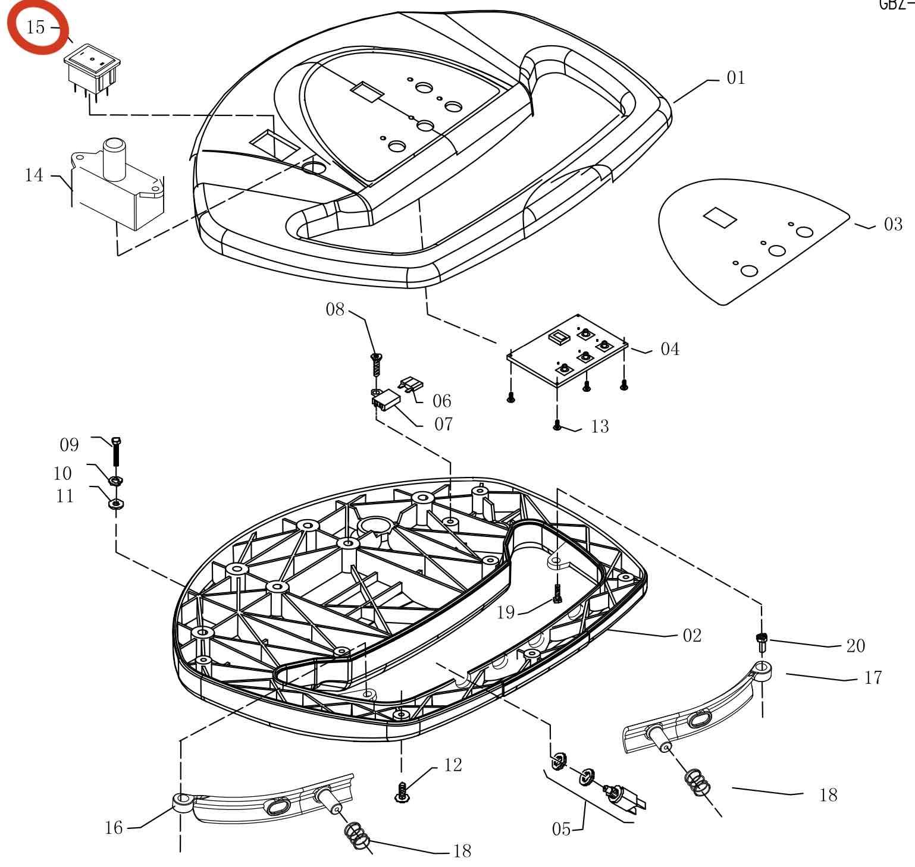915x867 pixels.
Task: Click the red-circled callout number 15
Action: coord(36,27)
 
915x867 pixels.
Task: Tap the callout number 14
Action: coord(34,175)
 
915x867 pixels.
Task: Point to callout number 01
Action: coord(736,78)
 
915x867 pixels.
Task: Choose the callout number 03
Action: coord(893,224)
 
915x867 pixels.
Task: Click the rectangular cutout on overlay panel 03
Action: coord(720,217)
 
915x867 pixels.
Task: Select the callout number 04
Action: coord(670,348)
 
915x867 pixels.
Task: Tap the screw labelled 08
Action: coord(376,363)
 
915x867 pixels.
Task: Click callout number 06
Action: coord(441,400)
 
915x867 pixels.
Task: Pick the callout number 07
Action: coord(443,424)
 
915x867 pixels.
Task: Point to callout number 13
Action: coord(600,426)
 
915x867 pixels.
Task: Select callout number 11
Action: coord(65,495)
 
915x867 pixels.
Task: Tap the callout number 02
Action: coord(692,635)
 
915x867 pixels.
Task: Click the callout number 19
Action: coord(506,612)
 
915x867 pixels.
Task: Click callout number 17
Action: coord(873,677)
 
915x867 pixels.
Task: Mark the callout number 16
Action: coord(113,827)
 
